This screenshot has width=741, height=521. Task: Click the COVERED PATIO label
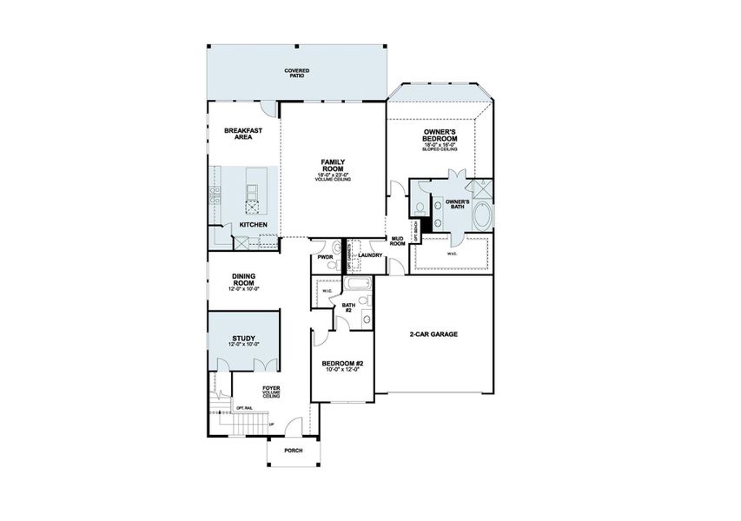pos(297,74)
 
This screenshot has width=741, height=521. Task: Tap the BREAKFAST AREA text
pos(243,134)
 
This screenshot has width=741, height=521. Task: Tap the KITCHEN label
pos(254,226)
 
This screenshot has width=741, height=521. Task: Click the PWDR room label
pos(326,257)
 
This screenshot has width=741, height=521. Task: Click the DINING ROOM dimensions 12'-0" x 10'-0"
pos(243,288)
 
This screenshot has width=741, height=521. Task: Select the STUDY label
pos(243,339)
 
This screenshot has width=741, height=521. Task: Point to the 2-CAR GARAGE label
pos(433,334)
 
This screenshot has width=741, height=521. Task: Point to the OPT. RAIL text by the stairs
pos(245,407)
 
